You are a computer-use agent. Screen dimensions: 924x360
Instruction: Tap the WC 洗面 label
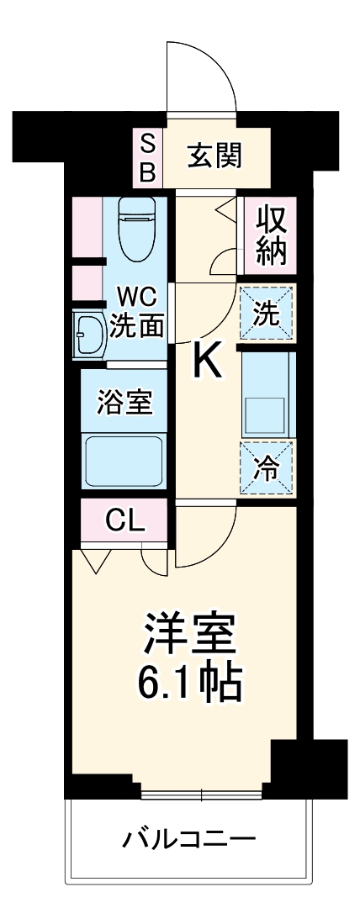point(136,311)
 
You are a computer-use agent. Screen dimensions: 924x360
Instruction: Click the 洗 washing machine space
point(267,313)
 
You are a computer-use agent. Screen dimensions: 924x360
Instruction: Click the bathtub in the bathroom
point(125,459)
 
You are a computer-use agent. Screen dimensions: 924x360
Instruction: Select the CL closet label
point(125,521)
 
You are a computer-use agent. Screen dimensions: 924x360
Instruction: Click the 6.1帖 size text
point(189,684)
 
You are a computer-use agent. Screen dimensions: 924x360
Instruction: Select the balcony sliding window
point(202,792)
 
